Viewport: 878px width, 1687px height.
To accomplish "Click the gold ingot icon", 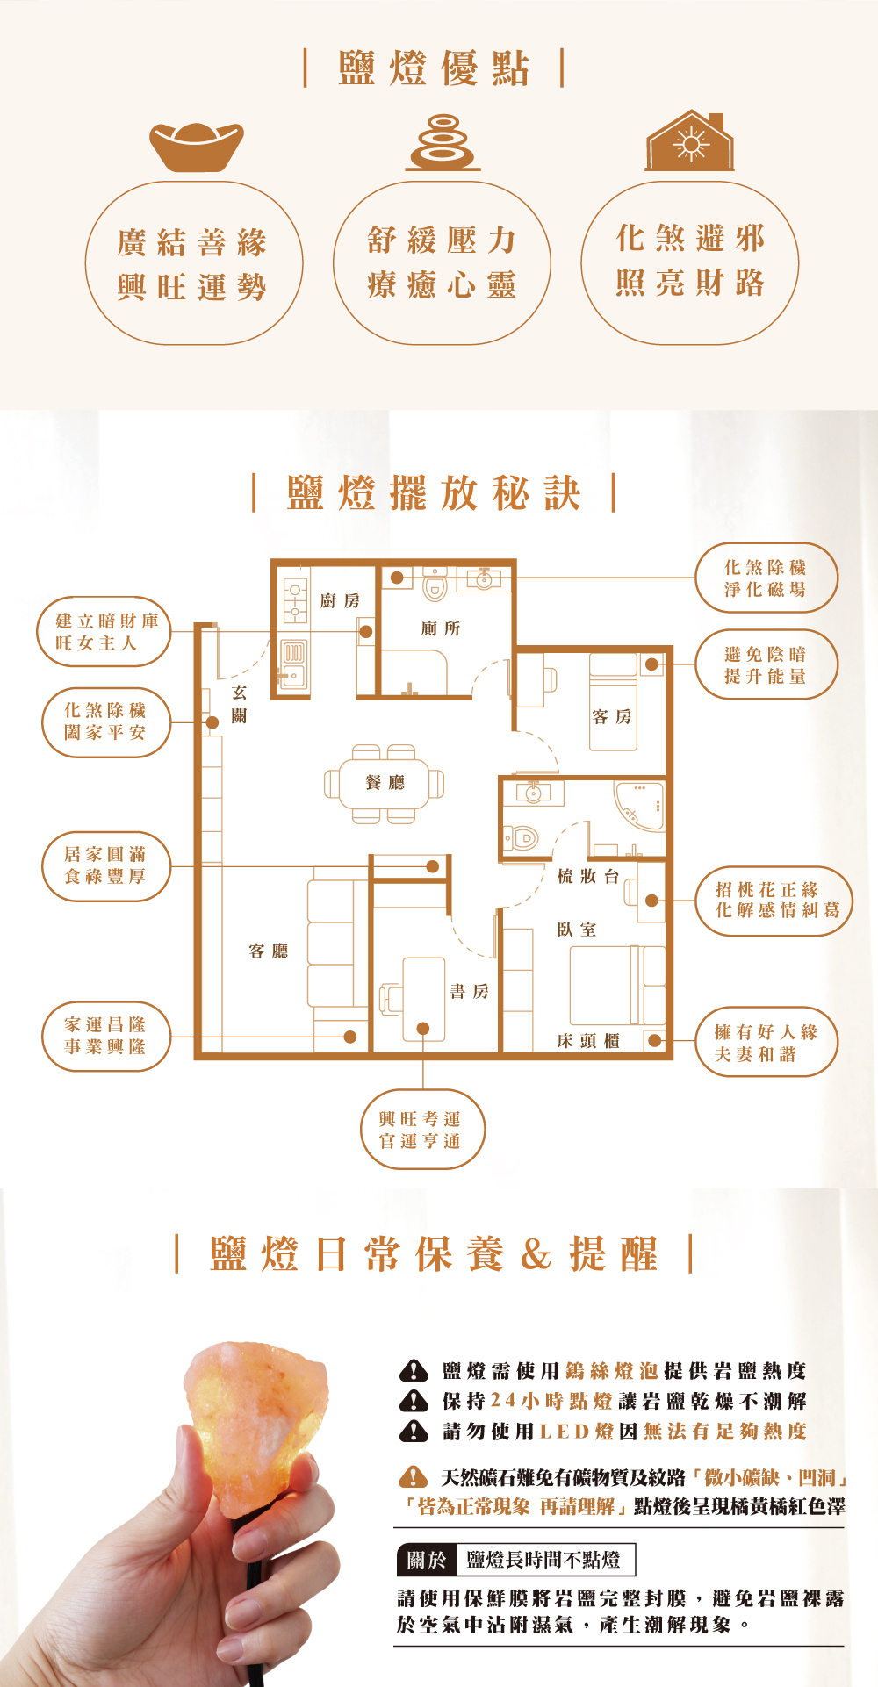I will (x=196, y=146).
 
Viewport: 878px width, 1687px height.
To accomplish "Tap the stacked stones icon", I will (x=443, y=142).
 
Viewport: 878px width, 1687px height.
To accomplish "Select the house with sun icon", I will (x=690, y=141).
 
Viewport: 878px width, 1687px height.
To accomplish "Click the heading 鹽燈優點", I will (x=434, y=68).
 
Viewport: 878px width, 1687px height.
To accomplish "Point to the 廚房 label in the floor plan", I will (x=340, y=600).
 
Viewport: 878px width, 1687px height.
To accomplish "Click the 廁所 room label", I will (x=440, y=628).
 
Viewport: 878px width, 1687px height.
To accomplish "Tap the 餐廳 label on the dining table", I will (x=385, y=782).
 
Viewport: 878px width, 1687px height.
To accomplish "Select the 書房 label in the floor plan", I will (x=469, y=991).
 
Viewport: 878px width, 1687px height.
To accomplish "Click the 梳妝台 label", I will (x=588, y=876).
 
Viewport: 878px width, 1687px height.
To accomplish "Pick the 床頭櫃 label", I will (x=588, y=1041).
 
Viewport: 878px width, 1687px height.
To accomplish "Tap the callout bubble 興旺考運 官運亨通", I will (x=422, y=1130).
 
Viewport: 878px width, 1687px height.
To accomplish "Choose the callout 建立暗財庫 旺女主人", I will (x=104, y=632).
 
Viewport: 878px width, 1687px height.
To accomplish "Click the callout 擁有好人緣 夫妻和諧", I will (x=766, y=1042).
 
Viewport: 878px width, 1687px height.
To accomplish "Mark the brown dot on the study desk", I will (x=423, y=1028).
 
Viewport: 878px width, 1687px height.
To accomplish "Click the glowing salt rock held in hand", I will (x=256, y=1413).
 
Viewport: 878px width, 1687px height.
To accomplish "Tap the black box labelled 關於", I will (x=427, y=1560).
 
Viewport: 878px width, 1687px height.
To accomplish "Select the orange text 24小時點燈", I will (x=551, y=1401).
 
